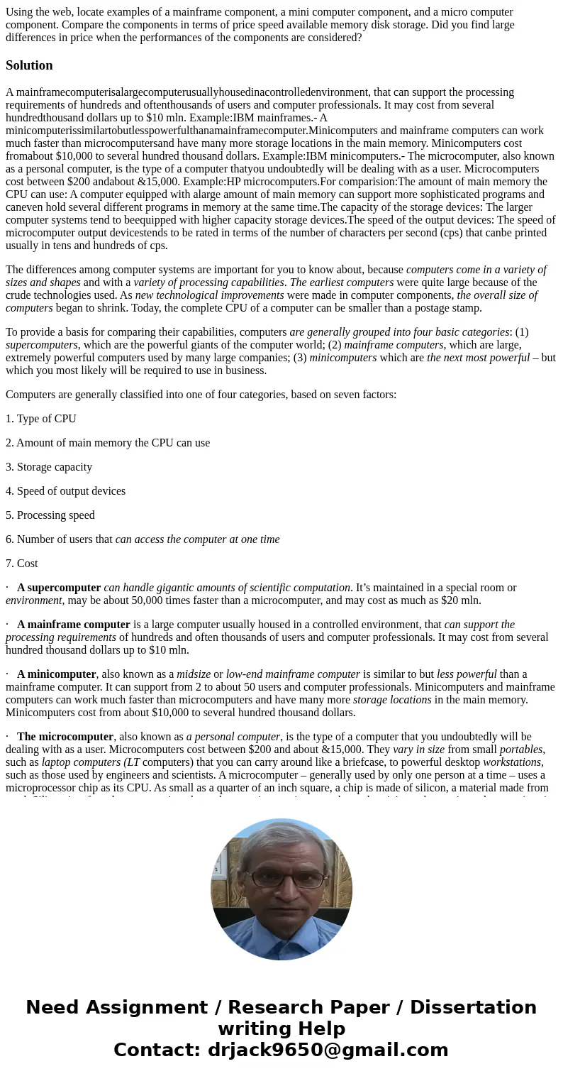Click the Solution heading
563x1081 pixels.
point(29,65)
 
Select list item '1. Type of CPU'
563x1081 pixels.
point(41,419)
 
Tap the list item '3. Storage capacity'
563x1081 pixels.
point(49,467)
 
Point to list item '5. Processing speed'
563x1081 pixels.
point(50,515)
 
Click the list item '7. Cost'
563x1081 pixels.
point(22,564)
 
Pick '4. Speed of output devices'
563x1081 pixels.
point(65,491)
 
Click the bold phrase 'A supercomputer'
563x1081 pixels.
point(59,588)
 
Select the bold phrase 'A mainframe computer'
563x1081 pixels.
point(74,625)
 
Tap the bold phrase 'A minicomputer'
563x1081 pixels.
point(57,674)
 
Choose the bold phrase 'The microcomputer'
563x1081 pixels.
point(65,737)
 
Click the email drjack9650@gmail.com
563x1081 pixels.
point(328,1050)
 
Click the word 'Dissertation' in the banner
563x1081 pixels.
point(473,1007)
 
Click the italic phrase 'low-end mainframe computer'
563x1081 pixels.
point(293,674)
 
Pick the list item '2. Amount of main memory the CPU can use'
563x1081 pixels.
point(108,443)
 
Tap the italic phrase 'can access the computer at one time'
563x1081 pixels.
point(197,539)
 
